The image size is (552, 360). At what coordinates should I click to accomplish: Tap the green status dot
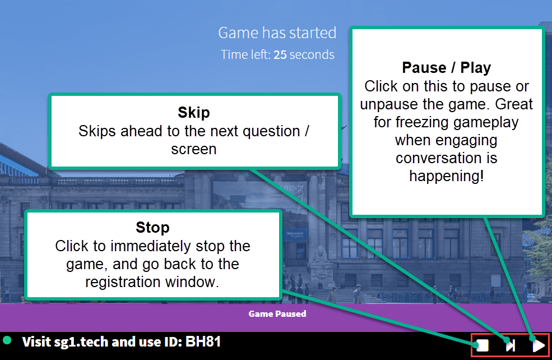click(7, 340)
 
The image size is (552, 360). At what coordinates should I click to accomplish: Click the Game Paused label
click(277, 313)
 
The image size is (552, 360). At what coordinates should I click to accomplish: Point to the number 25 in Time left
click(280, 55)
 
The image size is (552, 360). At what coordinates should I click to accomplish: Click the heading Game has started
click(277, 33)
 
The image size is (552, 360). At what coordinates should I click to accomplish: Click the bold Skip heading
click(194, 112)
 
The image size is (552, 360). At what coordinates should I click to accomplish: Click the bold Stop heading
click(152, 227)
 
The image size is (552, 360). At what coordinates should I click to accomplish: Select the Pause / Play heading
click(447, 68)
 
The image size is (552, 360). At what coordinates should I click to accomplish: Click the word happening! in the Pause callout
click(447, 176)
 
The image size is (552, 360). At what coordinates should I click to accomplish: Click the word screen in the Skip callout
click(194, 150)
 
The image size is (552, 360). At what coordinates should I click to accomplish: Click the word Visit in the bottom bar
click(38, 341)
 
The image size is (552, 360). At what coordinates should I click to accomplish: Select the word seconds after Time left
click(312, 55)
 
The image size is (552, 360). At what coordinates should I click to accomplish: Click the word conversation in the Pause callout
click(447, 158)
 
